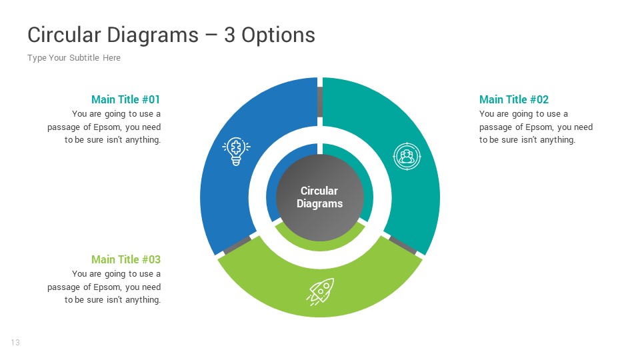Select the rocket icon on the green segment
320,291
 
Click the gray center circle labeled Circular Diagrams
320,197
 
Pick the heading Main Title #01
126,99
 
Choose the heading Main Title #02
513,99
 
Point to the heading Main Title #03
126,259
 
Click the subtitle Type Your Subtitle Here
74,58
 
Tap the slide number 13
15,343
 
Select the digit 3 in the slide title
229,35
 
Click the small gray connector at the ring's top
320,102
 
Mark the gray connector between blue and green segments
237,245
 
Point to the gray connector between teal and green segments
403,245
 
